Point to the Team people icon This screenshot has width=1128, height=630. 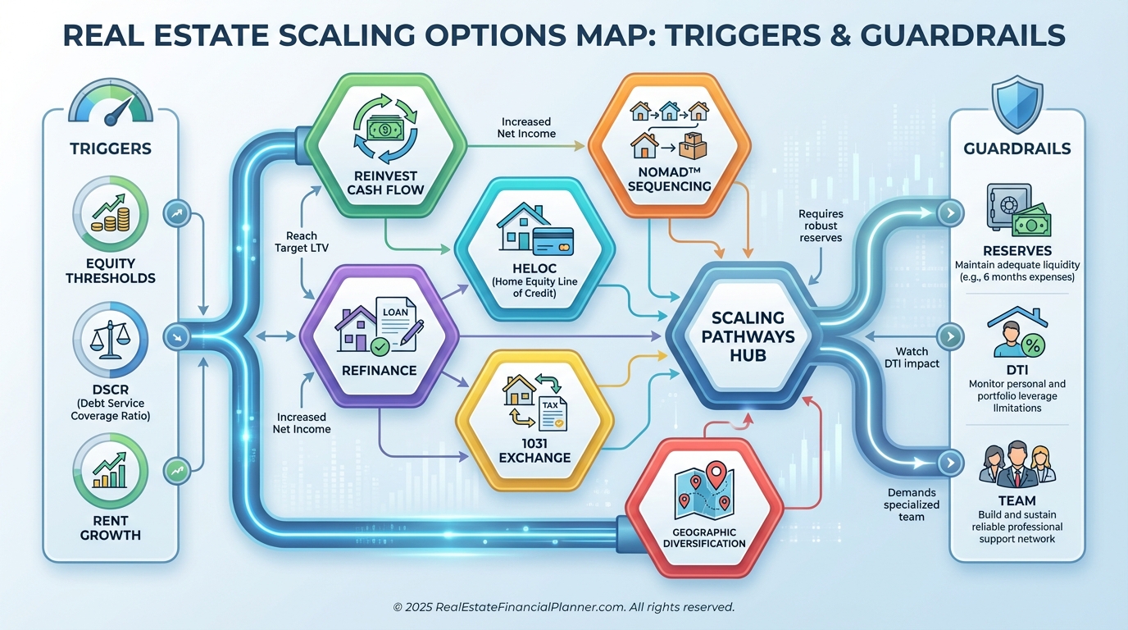[1017, 464]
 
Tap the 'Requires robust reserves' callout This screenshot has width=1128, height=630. [820, 226]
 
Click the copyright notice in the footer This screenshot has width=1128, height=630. [563, 607]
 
